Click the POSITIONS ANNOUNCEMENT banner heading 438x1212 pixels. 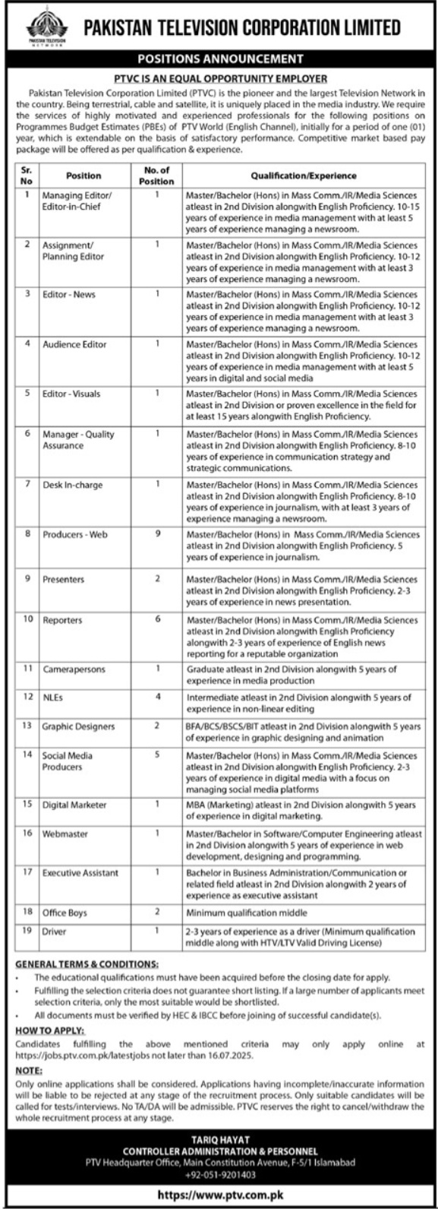click(x=219, y=58)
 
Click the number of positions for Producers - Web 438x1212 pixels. click(x=158, y=534)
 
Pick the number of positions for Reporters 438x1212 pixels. click(x=158, y=620)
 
